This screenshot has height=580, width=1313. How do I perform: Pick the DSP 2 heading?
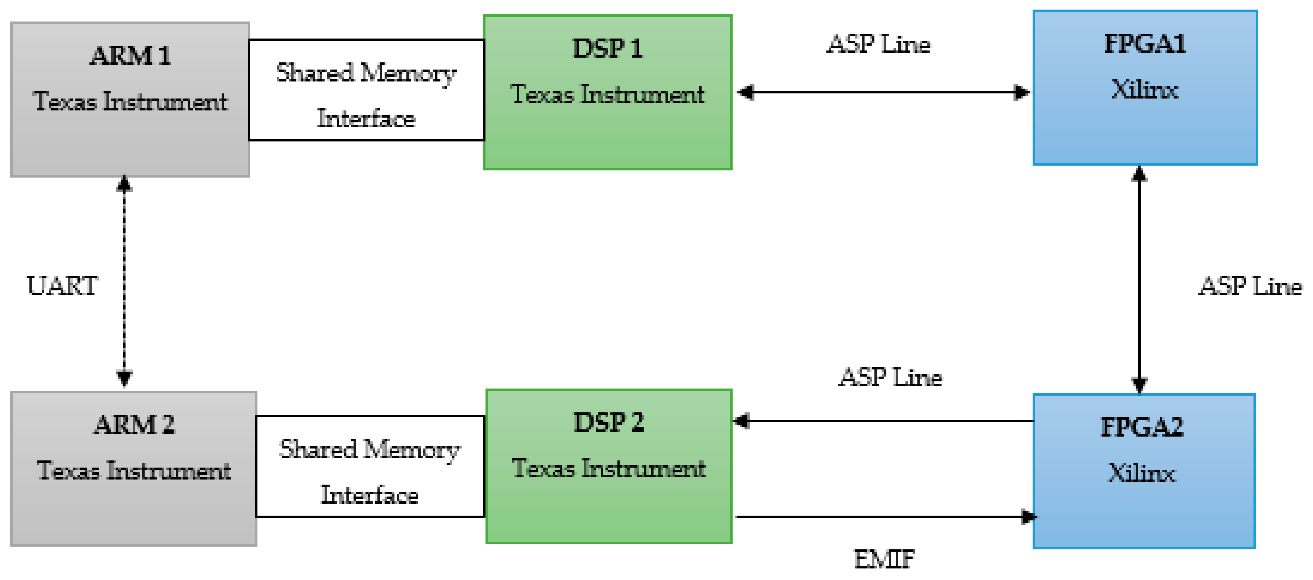coord(609,422)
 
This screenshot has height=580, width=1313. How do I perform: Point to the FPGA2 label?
coord(1142,427)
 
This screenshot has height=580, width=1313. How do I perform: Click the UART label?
coord(62,285)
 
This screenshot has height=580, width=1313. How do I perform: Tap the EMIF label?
coord(884,559)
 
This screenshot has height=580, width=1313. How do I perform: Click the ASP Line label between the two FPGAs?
coord(1250,286)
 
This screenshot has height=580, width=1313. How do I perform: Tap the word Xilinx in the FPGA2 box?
coord(1142,473)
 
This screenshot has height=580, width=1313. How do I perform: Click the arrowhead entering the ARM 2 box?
coord(124,378)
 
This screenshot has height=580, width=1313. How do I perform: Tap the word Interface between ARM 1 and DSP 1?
coord(366,118)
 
